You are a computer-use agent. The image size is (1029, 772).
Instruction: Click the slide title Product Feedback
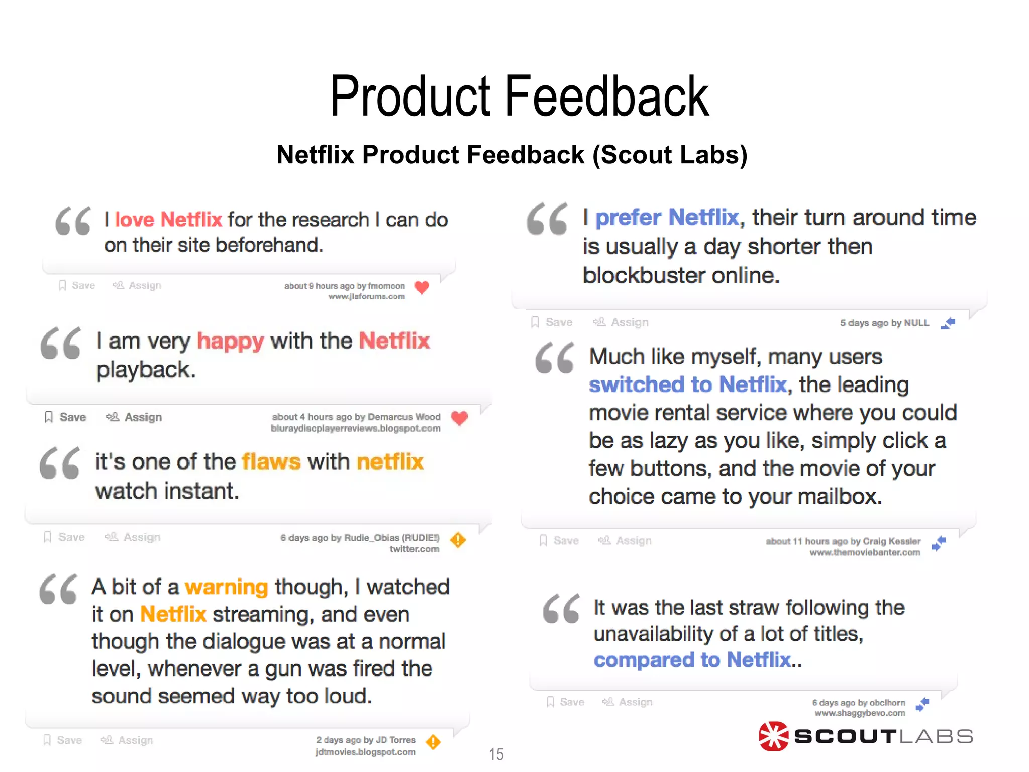point(519,96)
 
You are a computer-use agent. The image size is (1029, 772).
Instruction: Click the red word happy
point(230,341)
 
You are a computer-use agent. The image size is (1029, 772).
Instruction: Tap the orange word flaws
point(271,462)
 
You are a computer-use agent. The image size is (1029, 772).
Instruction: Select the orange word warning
point(226,587)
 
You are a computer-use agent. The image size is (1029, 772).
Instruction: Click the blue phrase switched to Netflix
point(687,385)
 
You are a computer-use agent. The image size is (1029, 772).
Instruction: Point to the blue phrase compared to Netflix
point(692,660)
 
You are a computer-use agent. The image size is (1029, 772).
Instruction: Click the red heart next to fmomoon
point(422,287)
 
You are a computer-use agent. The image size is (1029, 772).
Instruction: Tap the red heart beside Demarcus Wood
point(459,418)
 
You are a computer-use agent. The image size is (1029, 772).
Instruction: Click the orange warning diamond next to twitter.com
point(458,540)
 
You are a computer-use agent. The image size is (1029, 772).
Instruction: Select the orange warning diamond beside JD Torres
point(433,742)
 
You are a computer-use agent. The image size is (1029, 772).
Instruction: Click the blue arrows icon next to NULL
point(948,323)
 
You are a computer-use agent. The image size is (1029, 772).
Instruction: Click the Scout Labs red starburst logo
point(773,736)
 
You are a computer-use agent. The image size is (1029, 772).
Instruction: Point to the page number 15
point(496,754)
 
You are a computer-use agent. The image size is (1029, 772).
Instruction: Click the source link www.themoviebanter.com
point(864,553)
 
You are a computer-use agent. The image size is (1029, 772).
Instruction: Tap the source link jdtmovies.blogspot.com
point(365,752)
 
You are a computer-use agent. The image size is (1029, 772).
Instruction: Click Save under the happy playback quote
point(66,417)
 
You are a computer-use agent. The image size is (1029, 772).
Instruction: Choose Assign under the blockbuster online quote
point(621,323)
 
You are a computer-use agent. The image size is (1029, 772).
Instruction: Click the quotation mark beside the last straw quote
point(561,609)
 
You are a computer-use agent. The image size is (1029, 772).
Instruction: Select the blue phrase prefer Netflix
point(667,218)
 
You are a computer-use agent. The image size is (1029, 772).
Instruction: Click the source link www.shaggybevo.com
point(859,713)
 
